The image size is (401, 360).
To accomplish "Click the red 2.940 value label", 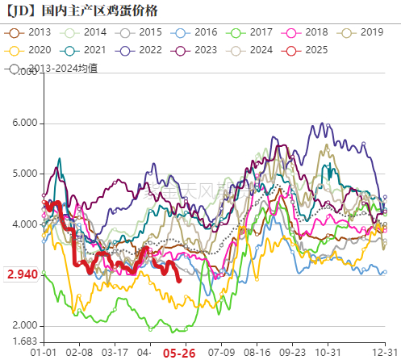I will tap(22, 275).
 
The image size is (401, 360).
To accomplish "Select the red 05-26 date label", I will tap(178, 353).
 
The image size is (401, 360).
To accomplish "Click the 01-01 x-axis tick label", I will tap(43, 353).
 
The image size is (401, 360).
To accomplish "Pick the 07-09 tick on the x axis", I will tap(221, 353).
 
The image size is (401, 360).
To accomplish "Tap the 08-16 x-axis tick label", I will tap(258, 353).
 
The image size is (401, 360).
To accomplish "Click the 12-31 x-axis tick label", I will tap(385, 353).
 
